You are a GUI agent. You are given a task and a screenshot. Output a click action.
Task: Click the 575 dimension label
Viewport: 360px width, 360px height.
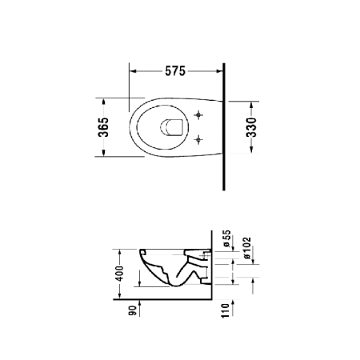pyautogui.click(x=175, y=71)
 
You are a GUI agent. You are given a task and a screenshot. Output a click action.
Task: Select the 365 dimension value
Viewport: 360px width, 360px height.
pyautogui.click(x=103, y=127)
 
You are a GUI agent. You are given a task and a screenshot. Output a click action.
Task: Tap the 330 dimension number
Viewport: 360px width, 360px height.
pyautogui.click(x=251, y=127)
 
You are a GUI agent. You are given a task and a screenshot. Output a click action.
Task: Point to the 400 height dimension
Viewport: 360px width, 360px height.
pyautogui.click(x=119, y=274)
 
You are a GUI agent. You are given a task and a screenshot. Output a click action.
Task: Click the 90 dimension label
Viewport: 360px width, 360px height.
pyautogui.click(x=133, y=310)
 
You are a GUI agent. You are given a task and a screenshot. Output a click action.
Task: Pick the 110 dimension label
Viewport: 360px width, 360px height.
pyautogui.click(x=226, y=310)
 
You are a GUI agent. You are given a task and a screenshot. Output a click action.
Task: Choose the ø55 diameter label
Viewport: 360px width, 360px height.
pyautogui.click(x=226, y=238)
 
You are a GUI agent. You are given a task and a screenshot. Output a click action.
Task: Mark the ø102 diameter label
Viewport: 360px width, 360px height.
pyautogui.click(x=247, y=248)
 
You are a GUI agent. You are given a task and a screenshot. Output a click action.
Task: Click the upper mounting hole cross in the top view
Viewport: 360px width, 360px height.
pyautogui.click(x=198, y=115)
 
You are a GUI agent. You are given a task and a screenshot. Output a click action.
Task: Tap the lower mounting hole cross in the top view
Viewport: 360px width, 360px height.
pyautogui.click(x=198, y=139)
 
